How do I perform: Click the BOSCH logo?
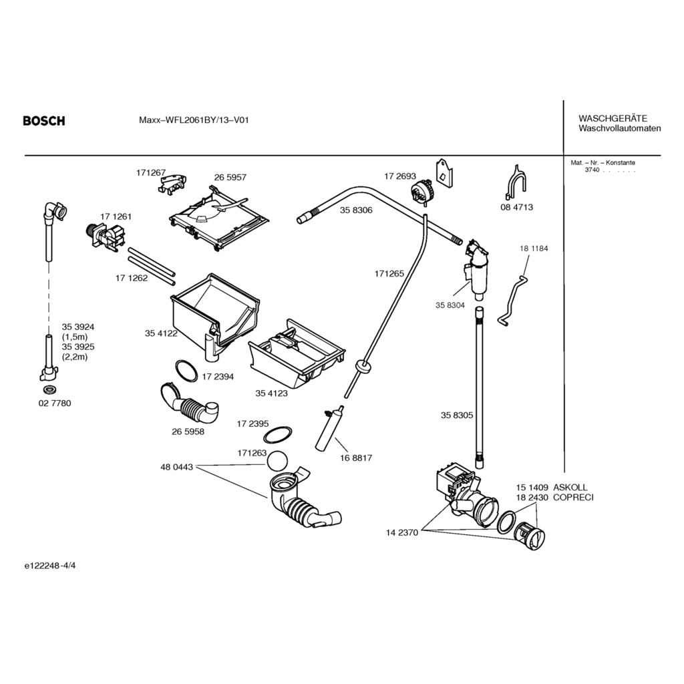tap(44, 121)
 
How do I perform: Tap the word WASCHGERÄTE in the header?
tap(613, 118)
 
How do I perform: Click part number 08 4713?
tap(516, 207)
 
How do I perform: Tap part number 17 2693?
tap(399, 176)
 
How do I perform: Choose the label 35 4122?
tap(161, 333)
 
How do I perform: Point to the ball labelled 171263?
tap(277, 460)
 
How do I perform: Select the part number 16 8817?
tap(356, 458)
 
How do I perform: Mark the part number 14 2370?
tap(401, 532)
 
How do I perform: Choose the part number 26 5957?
tap(230, 178)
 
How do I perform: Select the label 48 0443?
tap(176, 467)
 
